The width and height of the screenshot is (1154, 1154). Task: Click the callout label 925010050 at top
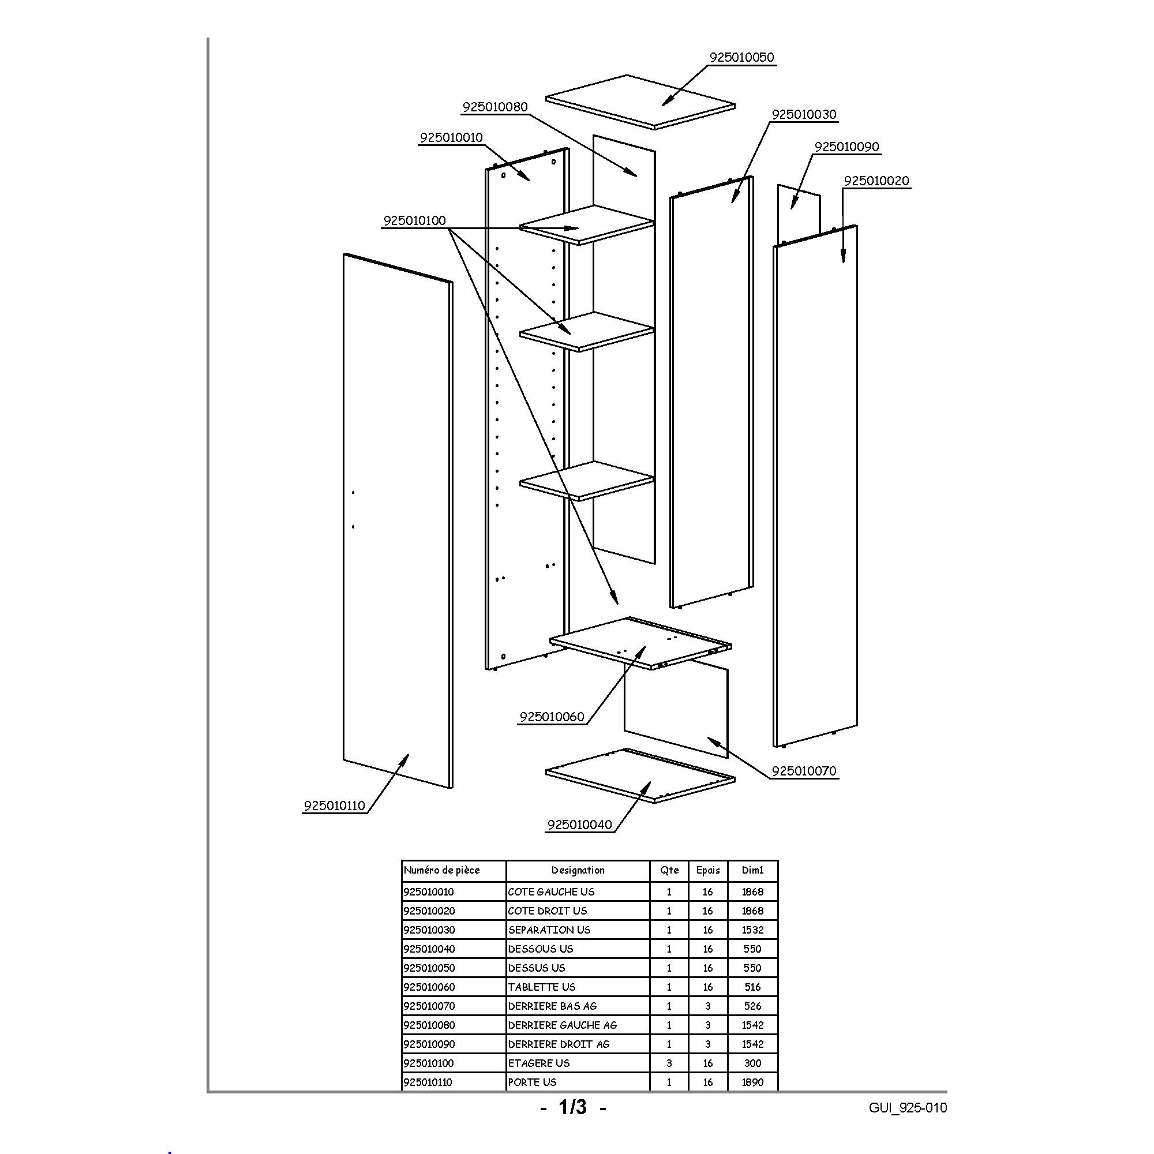741,57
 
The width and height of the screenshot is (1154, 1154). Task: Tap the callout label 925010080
495,107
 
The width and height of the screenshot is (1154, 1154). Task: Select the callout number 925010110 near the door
335,805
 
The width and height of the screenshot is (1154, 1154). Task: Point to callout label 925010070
804,770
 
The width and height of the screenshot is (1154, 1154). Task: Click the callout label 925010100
414,220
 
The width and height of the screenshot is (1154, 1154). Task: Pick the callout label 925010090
847,147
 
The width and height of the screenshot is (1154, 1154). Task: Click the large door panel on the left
398,521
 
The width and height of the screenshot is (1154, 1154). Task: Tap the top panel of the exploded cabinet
640,102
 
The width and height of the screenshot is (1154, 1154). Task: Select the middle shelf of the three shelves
587,332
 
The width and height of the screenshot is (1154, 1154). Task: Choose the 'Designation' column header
578,870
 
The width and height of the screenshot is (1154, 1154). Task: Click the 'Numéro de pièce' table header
441,870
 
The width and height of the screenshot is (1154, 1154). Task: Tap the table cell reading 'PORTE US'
532,1082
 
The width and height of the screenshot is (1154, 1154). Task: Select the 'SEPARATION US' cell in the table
549,930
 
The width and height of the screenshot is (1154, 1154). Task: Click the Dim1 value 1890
752,1082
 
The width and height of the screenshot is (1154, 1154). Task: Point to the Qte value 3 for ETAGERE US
669,1063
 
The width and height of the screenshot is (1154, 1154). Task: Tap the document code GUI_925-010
908,1108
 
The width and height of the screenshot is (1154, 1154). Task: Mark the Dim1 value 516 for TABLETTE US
752,987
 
